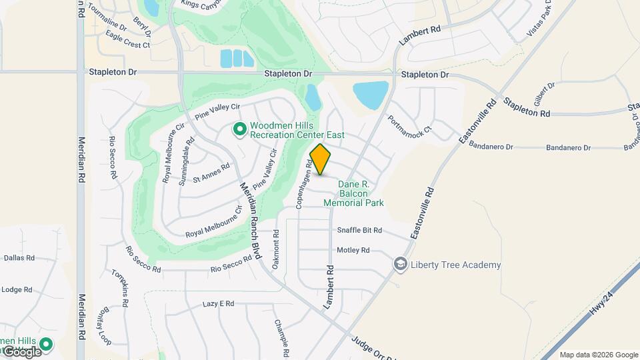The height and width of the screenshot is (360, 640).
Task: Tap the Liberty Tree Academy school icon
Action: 400,265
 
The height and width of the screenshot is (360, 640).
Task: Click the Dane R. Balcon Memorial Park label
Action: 353,193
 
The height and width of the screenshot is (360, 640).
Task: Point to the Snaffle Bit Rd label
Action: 359,231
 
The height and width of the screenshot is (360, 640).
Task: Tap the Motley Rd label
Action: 353,251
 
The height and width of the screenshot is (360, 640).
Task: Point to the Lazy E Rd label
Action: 218,304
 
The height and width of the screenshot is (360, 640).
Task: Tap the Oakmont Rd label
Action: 276,249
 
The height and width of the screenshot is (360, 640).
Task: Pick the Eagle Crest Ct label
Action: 123,45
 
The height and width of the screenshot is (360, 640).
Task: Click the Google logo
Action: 21,351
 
